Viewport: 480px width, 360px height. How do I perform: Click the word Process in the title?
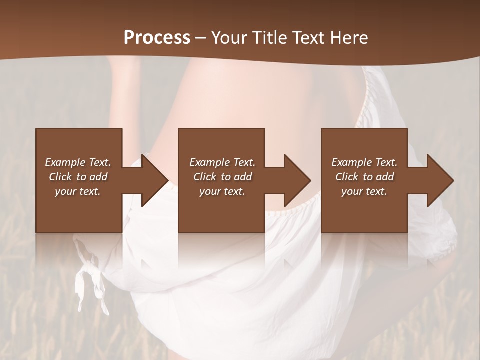pos(157,38)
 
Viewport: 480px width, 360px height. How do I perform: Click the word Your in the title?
pos(228,38)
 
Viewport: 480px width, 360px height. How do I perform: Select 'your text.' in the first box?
pos(78,191)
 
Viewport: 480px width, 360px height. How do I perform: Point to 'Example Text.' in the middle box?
pos(222,162)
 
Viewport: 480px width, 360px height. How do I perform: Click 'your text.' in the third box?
pos(364,191)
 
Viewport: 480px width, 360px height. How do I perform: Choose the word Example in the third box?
pos(351,162)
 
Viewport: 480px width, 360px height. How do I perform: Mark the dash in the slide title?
pos(200,38)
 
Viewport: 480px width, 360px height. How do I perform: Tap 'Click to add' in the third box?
pos(364,177)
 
